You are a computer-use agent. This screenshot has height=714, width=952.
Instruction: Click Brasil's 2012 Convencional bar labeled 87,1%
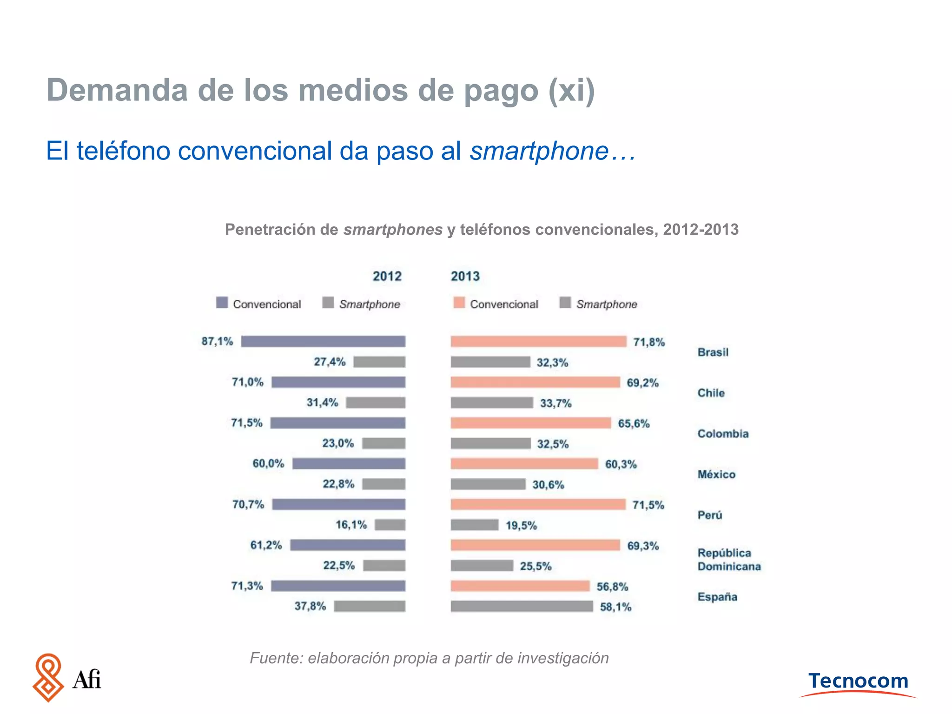[x=323, y=341]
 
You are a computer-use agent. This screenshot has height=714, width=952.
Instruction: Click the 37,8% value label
[x=310, y=606]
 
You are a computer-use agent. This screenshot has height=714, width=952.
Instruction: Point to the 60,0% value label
[x=268, y=463]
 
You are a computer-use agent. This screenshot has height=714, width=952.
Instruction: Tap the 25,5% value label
[x=535, y=566]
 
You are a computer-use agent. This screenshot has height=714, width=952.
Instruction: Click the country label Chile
[x=711, y=393]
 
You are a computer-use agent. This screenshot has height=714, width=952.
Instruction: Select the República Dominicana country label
[x=728, y=560]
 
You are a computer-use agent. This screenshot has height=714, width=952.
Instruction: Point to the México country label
[x=716, y=474]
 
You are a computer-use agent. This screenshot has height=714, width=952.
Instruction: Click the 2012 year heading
[x=387, y=276]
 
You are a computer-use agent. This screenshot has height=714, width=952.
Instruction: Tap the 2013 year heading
[x=465, y=276]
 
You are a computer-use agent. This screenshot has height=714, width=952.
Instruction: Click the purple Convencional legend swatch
[x=222, y=303]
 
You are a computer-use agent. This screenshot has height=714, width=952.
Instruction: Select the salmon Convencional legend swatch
[x=459, y=303]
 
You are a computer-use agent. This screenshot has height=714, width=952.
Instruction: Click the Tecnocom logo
[x=858, y=682]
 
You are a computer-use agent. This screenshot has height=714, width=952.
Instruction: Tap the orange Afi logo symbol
[x=48, y=678]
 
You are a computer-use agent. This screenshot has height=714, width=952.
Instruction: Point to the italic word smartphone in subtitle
[x=539, y=151]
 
